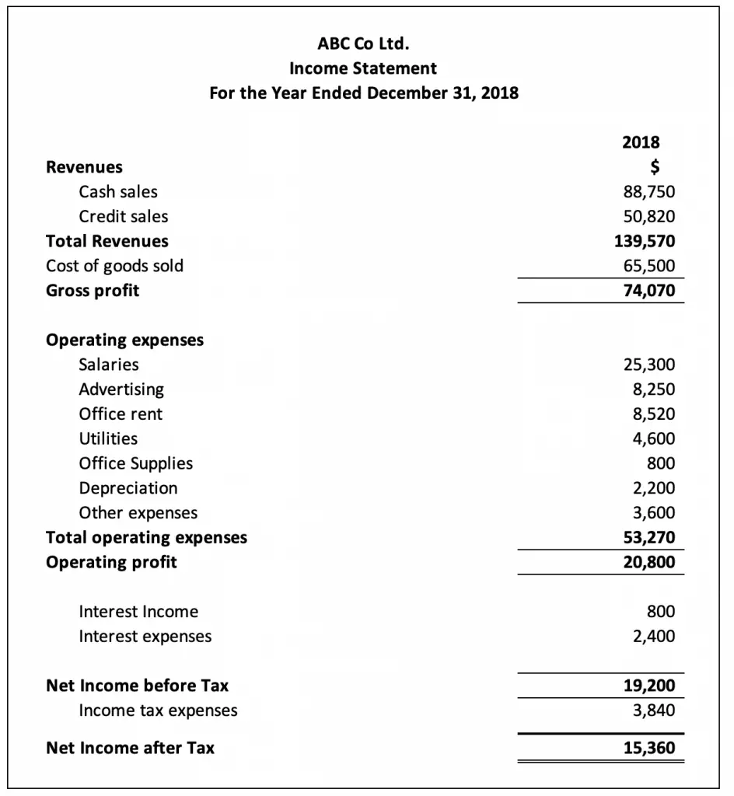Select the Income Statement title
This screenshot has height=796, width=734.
(364, 68)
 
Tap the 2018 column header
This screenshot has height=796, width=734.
(641, 142)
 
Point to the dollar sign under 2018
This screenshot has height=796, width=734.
(655, 166)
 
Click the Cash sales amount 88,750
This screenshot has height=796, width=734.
(649, 192)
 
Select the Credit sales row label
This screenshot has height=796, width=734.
(123, 217)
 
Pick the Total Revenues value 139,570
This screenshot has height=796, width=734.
(645, 241)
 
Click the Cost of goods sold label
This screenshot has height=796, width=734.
(115, 266)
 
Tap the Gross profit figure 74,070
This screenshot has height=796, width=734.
(649, 291)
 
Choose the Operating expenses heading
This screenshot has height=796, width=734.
(125, 340)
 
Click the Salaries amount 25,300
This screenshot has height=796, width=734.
(649, 365)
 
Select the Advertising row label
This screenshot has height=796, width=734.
(121, 389)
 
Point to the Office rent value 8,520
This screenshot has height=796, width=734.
(653, 414)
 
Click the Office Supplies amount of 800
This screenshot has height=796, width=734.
(661, 463)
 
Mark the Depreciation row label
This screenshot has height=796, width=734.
(128, 488)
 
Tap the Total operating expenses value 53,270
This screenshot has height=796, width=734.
(649, 537)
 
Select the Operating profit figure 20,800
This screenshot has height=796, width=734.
(649, 562)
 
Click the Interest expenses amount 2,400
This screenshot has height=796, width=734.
(653, 637)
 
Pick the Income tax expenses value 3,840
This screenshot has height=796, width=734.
(653, 710)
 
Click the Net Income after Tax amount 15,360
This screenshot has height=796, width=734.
(649, 749)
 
